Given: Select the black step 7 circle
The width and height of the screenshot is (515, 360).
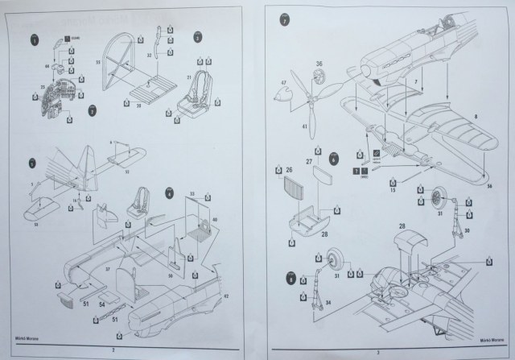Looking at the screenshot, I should click(286, 18).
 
